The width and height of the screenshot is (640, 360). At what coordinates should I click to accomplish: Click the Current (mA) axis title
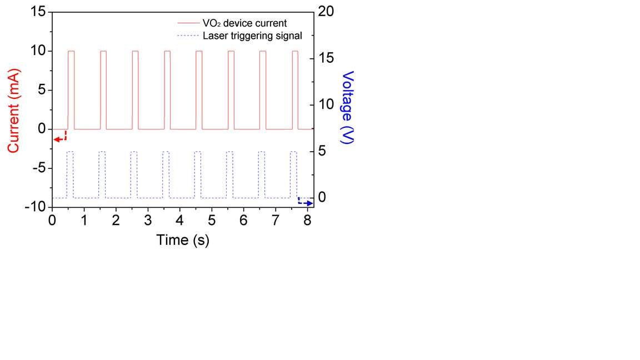pos(13,111)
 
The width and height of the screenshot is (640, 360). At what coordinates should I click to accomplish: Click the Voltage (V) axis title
pos(347,107)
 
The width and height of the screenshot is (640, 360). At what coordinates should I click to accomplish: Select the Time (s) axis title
pos(183,240)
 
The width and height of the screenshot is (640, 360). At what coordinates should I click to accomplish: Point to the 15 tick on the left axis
pos(38,12)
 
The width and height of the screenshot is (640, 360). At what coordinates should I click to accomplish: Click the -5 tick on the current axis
pos(40,168)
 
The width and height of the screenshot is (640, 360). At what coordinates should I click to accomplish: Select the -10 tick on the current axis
pos(36,207)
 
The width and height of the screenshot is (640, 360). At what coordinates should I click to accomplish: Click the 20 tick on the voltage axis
pos(326,12)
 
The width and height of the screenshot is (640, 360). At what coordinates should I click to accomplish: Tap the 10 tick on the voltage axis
pos(326,104)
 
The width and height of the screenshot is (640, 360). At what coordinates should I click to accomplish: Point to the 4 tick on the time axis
pos(179,221)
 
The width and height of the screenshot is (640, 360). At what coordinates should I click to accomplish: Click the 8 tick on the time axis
pos(307,221)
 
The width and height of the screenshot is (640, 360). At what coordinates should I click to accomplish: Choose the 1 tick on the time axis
pos(84,221)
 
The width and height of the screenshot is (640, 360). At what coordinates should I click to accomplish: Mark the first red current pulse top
pos(72,51)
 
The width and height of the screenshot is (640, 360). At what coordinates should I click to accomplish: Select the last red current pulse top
pos(295,51)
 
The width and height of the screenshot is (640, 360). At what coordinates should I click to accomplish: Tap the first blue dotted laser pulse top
pos(70,152)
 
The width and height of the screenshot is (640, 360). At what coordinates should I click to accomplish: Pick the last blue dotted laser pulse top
pos(293,152)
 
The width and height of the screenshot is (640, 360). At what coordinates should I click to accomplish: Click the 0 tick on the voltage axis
pos(322,198)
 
